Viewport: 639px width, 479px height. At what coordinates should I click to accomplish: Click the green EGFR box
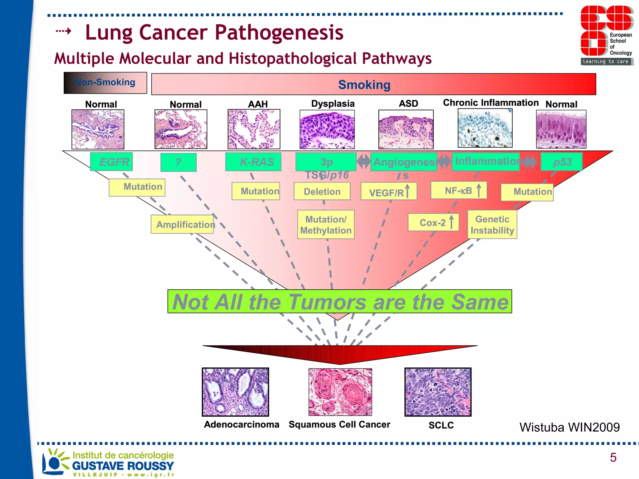(111, 162)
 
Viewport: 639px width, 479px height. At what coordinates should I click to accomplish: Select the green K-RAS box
(253, 162)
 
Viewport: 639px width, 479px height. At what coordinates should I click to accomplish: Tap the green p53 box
(561, 162)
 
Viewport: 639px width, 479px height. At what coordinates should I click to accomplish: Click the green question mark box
(178, 162)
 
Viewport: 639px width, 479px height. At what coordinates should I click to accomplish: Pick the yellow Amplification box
(183, 224)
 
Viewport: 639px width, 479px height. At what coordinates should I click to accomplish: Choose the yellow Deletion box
(322, 191)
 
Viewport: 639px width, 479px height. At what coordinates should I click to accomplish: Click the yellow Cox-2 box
(433, 222)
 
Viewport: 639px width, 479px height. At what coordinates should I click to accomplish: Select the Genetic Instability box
(492, 225)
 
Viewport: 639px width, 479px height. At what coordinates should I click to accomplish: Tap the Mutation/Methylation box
(326, 225)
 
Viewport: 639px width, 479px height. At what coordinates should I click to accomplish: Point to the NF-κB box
(459, 190)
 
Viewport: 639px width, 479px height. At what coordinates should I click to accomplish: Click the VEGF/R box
(389, 192)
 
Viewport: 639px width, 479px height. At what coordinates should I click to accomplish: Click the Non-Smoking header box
(105, 83)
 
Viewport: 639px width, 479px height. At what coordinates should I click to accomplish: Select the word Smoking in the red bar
(364, 85)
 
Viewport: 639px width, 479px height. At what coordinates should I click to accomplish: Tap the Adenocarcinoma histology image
(235, 392)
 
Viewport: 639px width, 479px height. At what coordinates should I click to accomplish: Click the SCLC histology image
(438, 392)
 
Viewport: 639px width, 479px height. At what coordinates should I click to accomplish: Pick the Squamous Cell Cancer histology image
(340, 392)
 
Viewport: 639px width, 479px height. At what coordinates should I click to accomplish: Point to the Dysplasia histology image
(327, 129)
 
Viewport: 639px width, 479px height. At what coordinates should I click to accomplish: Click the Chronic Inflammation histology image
(485, 128)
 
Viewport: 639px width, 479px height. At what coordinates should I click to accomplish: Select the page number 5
(613, 457)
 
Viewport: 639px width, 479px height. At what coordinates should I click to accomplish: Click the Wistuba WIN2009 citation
(569, 427)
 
